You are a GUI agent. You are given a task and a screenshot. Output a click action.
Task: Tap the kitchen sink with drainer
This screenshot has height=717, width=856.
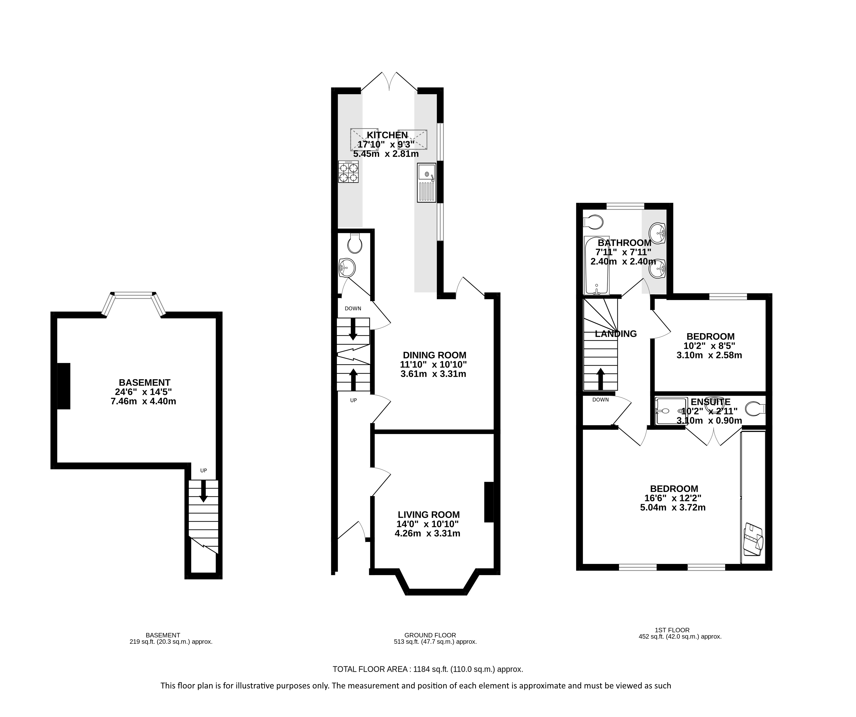(426, 183)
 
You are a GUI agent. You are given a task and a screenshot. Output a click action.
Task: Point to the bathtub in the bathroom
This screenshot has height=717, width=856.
(596, 265)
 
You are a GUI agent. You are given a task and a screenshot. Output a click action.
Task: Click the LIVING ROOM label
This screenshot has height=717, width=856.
(429, 515)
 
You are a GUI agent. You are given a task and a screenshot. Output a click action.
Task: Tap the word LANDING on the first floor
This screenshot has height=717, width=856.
(616, 334)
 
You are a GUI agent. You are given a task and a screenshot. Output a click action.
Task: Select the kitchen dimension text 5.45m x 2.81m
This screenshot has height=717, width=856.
(386, 154)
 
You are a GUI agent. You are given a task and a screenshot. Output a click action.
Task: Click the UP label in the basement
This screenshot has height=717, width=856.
(203, 470)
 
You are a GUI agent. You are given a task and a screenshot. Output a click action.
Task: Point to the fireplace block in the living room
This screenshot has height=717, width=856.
(489, 502)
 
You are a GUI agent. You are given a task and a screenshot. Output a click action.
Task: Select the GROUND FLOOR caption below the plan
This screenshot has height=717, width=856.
(430, 635)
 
